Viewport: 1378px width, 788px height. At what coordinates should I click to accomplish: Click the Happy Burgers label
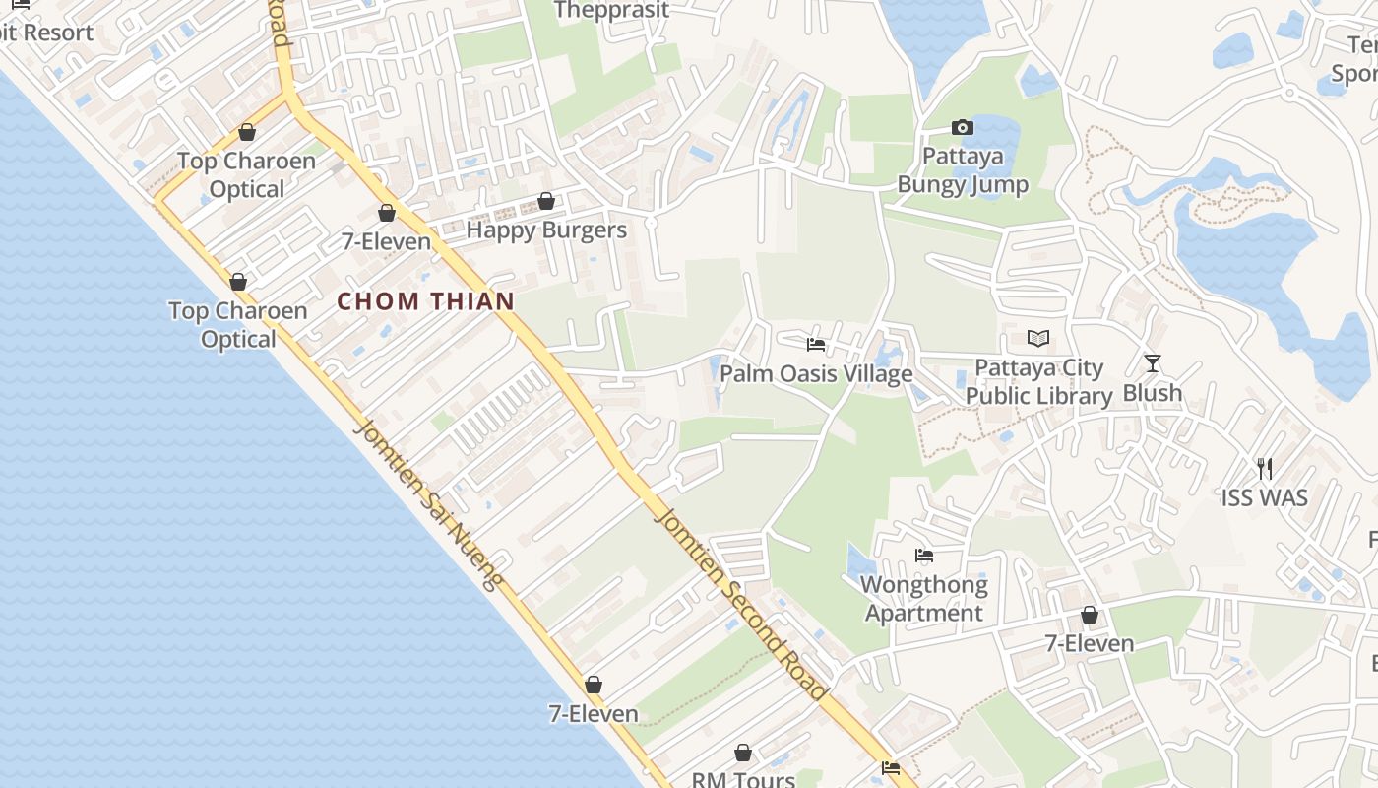[x=546, y=230]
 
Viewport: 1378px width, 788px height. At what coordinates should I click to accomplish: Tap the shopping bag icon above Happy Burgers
[x=546, y=202]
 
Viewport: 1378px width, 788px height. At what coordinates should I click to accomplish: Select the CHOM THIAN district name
[x=426, y=301]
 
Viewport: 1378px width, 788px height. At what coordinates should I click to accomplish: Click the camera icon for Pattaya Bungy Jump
[x=963, y=127]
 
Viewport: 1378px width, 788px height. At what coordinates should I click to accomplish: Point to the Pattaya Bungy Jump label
[x=963, y=170]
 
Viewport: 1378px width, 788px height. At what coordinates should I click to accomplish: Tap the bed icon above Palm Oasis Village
[x=816, y=345]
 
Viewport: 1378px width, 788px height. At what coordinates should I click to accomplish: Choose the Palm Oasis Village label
[x=816, y=374]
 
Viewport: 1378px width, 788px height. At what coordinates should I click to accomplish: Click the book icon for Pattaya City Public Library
[x=1038, y=339]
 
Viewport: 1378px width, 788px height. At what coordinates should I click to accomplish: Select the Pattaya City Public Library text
[x=1038, y=382]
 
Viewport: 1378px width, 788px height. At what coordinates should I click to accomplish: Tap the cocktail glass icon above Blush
[x=1153, y=363]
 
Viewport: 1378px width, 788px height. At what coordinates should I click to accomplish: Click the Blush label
[x=1153, y=393]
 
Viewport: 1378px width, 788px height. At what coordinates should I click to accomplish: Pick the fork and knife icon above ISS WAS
[x=1265, y=468]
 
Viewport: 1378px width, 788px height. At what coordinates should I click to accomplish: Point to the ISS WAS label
[x=1265, y=497]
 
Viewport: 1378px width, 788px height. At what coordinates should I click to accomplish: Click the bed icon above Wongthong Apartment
[x=924, y=556]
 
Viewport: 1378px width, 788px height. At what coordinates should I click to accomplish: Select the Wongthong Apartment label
[x=924, y=599]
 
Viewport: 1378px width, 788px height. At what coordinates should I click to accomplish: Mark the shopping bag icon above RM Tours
[x=743, y=754]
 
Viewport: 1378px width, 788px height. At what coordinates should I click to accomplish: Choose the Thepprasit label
[x=611, y=11]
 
